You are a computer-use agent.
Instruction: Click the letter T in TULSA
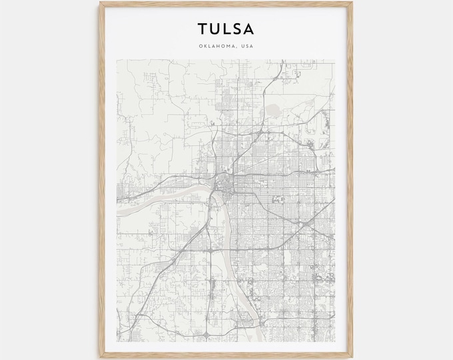click(201, 29)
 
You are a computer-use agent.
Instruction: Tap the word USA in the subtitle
click(248, 45)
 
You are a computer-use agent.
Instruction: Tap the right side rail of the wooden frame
click(350, 180)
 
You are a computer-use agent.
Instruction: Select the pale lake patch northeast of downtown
click(274, 109)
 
